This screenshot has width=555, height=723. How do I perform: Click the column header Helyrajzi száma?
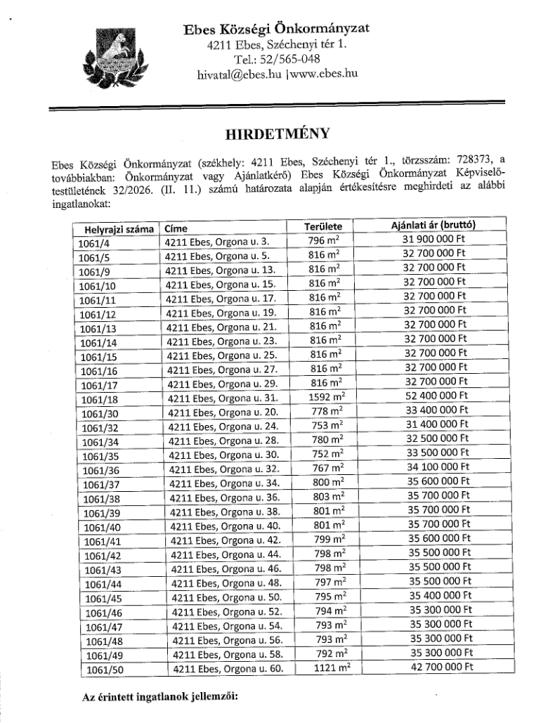coord(116,229)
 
